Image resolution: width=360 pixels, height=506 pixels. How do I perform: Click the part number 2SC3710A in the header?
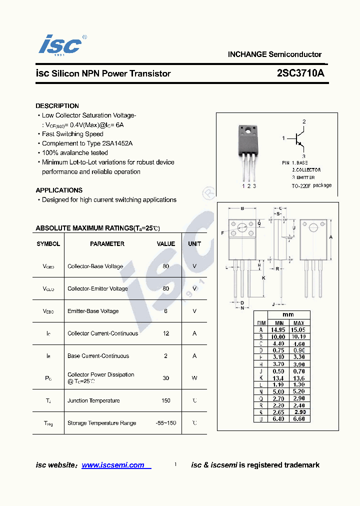click(300, 73)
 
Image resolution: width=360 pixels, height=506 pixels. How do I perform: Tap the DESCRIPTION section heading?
click(57, 106)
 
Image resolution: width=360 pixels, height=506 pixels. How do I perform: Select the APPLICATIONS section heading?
click(59, 190)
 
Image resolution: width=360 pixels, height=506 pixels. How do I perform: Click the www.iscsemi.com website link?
click(113, 465)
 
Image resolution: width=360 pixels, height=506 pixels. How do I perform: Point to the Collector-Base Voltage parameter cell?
click(95, 266)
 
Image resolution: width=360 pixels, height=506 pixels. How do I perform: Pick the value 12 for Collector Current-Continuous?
click(166, 333)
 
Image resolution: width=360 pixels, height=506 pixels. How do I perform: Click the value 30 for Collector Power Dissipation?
click(166, 378)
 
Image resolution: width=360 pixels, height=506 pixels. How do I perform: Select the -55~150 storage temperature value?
click(166, 423)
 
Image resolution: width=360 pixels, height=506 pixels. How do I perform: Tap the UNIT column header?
click(194, 244)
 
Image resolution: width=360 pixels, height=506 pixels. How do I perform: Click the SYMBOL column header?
click(48, 244)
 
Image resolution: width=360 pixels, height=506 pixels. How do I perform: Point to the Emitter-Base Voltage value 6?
click(166, 311)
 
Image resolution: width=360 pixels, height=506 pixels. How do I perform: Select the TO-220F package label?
click(311, 185)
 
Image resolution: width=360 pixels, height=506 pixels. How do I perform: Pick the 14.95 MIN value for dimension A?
click(278, 330)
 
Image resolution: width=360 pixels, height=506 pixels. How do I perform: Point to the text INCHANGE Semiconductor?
click(274, 54)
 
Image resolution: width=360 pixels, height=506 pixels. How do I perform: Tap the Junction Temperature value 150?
click(166, 400)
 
